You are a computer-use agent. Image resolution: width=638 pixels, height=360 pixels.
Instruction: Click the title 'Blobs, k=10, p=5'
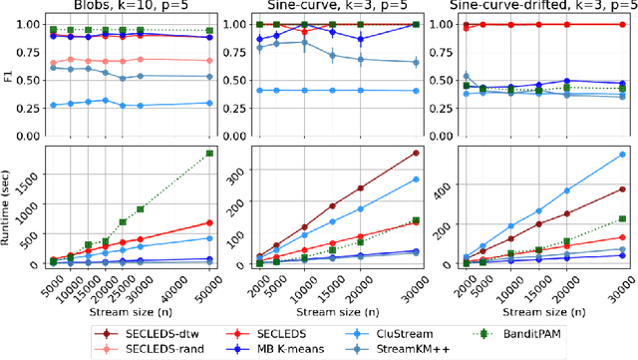click(130, 7)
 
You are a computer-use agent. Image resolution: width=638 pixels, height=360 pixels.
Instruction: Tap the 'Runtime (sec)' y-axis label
click(9, 206)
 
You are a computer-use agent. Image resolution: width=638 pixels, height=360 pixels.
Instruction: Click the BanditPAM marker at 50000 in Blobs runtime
click(209, 153)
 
